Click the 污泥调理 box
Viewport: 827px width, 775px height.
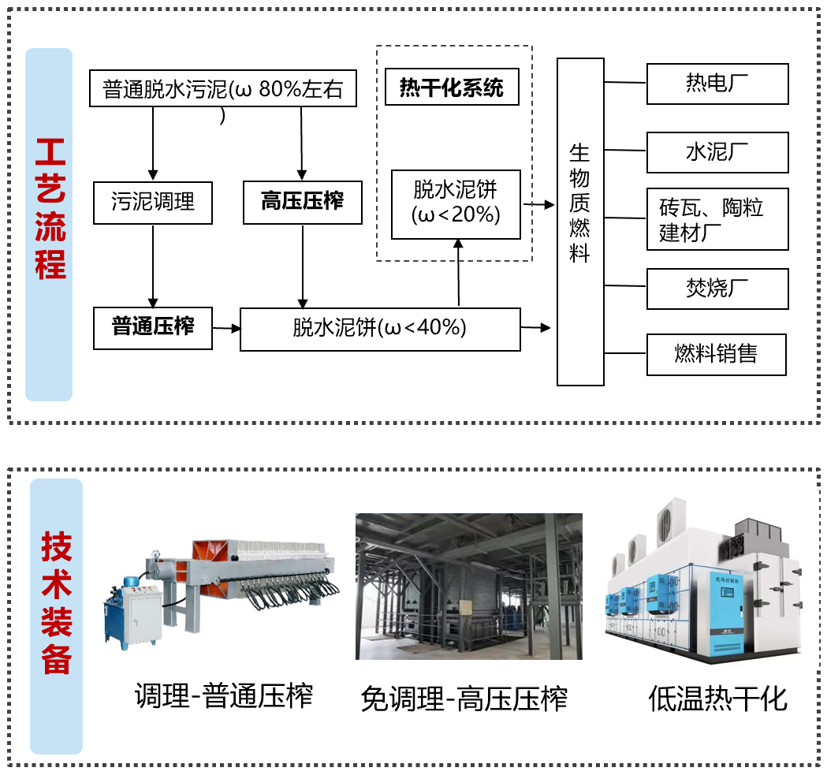(x=153, y=203)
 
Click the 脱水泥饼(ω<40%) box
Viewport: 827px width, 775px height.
(x=380, y=329)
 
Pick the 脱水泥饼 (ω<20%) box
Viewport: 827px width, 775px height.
(x=456, y=203)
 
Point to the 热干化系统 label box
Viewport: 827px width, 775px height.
(x=452, y=87)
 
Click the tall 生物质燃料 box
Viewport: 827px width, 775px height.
(x=580, y=222)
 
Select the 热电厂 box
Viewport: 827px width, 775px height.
(x=717, y=84)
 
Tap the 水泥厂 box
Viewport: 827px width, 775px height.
(x=717, y=152)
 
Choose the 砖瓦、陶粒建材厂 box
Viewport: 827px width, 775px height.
(x=717, y=219)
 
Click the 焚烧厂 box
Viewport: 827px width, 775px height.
(x=717, y=289)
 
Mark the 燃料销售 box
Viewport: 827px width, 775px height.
(x=716, y=355)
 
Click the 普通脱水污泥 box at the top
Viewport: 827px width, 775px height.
(x=224, y=89)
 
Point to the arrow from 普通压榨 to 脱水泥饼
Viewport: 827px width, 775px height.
(x=226, y=328)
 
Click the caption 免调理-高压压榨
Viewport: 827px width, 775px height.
(x=464, y=699)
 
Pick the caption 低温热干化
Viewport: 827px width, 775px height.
(x=717, y=698)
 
